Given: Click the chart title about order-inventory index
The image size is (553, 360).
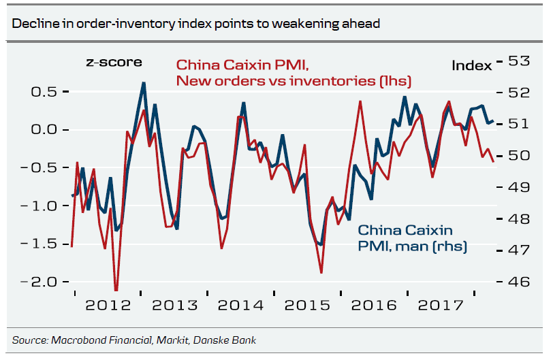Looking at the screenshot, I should pos(195,24).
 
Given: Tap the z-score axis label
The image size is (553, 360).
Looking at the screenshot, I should pos(114,62).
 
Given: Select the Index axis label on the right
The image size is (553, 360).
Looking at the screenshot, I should pos(471,65).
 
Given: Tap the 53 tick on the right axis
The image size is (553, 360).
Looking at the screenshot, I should pos(518,61).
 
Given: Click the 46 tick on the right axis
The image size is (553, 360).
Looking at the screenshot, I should pos(518,282).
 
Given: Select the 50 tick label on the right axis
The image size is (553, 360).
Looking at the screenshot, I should pos(518,155).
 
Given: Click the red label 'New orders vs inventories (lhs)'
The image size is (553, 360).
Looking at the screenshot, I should pos(294,81).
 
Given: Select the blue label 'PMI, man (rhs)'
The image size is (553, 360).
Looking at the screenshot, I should pos(413,246).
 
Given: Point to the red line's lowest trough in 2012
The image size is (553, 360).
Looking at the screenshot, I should pos(116,291).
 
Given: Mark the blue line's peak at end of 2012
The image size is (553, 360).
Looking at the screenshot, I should pos(143,83).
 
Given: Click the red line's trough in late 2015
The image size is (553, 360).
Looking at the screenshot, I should pos(321,273).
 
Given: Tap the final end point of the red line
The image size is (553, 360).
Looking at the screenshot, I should pos(493,161).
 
